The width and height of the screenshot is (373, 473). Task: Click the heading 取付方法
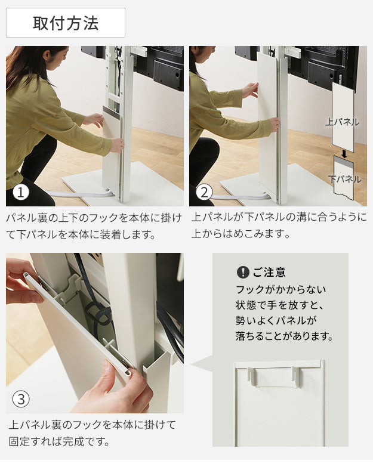pos(66,23)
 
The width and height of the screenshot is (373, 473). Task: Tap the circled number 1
pos(21,193)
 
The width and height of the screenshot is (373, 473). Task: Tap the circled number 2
pos(204,193)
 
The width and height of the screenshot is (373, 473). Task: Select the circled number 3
pos(21,398)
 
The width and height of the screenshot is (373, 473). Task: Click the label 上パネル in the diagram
pos(343,122)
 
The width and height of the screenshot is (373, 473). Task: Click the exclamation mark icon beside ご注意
pos(242,272)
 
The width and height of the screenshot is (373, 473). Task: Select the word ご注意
pos(269,272)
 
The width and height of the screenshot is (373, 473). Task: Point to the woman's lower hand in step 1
pos(116,144)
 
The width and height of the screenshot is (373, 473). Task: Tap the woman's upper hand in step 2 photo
pos(250,90)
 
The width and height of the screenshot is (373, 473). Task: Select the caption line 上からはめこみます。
pos(241,234)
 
